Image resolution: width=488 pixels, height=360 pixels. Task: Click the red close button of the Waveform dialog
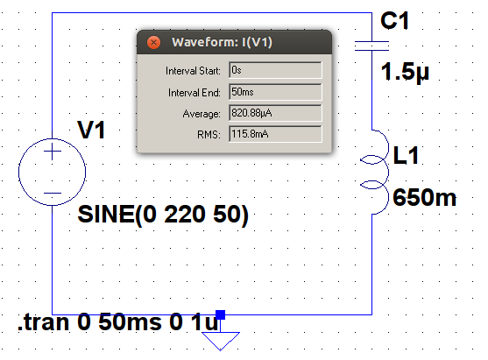pyautogui.click(x=153, y=42)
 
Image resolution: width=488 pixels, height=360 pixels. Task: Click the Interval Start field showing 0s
pyautogui.click(x=275, y=70)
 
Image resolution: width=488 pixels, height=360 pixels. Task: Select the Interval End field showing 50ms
pyautogui.click(x=275, y=92)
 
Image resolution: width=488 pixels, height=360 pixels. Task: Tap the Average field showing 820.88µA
pyautogui.click(x=275, y=113)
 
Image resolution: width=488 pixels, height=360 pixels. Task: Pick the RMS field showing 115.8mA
pyautogui.click(x=275, y=134)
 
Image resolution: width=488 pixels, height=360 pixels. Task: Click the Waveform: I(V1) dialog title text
pyautogui.click(x=222, y=42)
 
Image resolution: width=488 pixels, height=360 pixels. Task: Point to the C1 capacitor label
pyautogui.click(x=394, y=21)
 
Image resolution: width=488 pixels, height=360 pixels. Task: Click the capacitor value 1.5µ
pyautogui.click(x=405, y=73)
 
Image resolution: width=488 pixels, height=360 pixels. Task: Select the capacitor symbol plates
pyautogui.click(x=371, y=46)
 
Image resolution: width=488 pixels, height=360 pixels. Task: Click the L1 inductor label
pyautogui.click(x=406, y=155)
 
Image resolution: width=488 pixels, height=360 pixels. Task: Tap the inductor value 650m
pyautogui.click(x=424, y=197)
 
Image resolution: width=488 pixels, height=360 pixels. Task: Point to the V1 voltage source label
pyautogui.click(x=91, y=130)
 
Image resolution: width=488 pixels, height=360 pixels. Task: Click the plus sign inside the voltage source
pyautogui.click(x=53, y=152)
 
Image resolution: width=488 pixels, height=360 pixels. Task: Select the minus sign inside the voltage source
pyautogui.click(x=53, y=194)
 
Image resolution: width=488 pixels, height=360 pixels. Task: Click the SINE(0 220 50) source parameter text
pyautogui.click(x=163, y=215)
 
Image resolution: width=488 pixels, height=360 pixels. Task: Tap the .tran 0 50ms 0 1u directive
pyautogui.click(x=118, y=322)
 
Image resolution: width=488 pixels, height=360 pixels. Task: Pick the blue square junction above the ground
pyautogui.click(x=221, y=314)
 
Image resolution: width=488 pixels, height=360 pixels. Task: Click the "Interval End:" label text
pyautogui.click(x=194, y=93)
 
